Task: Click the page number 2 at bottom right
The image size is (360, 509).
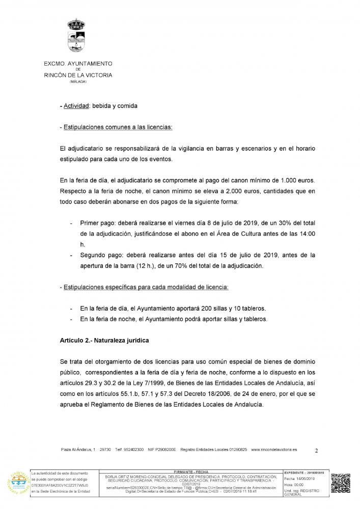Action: tap(317, 450)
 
